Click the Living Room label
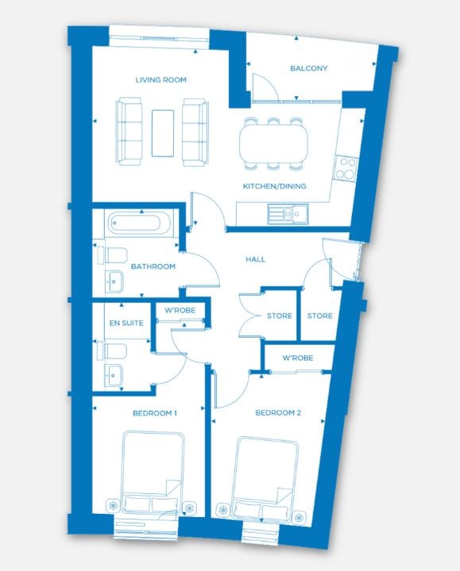pyautogui.click(x=160, y=80)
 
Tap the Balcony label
pyautogui.click(x=308, y=68)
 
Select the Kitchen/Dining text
pyautogui.click(x=275, y=186)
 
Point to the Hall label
pyautogui.click(x=255, y=259)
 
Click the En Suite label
pyautogui.click(x=126, y=323)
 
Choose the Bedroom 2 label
pyautogui.click(x=278, y=412)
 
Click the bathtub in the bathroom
pyautogui.click(x=139, y=222)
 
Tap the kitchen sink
pyautogui.click(x=288, y=214)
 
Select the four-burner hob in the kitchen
pyautogui.click(x=346, y=167)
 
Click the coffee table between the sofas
pyautogui.click(x=163, y=133)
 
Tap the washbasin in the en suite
pyautogui.click(x=114, y=375)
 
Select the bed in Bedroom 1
pyautogui.click(x=152, y=473)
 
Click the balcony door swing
pyautogui.click(x=265, y=86)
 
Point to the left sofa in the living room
pyautogui.click(x=129, y=132)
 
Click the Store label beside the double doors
pyautogui.click(x=280, y=316)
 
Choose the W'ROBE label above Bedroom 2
pyautogui.click(x=298, y=358)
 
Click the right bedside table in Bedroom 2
pyautogui.click(x=300, y=518)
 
